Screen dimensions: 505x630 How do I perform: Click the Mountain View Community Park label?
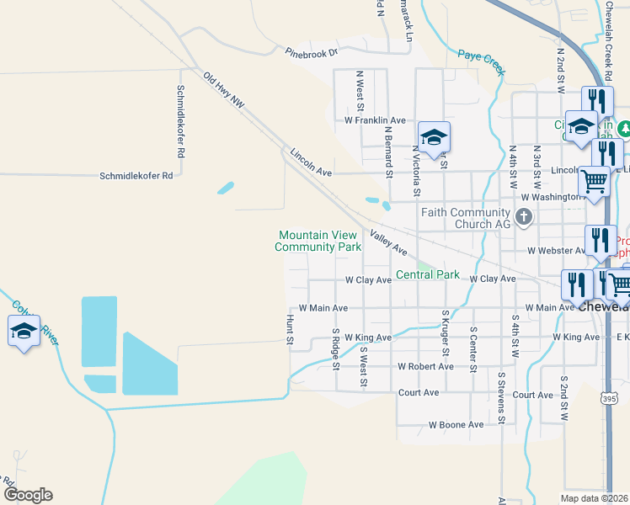pyautogui.click(x=318, y=241)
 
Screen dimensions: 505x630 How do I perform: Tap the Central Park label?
pyautogui.click(x=428, y=274)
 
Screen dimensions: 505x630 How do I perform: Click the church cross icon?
pyautogui.click(x=524, y=218)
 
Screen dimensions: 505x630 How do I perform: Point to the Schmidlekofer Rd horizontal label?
pyautogui.click(x=136, y=176)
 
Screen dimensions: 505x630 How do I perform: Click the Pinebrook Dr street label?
pyautogui.click(x=311, y=52)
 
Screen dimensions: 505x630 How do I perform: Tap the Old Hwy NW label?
pyautogui.click(x=223, y=89)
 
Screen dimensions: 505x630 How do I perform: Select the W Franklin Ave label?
pyautogui.click(x=375, y=120)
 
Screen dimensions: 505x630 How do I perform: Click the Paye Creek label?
pyautogui.click(x=481, y=63)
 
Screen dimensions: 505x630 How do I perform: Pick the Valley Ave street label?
pyautogui.click(x=388, y=245)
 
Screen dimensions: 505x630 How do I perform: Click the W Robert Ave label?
pyautogui.click(x=425, y=366)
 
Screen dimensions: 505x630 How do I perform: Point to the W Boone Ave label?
pyautogui.click(x=456, y=425)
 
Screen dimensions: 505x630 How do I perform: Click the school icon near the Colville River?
pyautogui.click(x=24, y=330)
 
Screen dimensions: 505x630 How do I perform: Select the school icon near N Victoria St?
pyautogui.click(x=434, y=137)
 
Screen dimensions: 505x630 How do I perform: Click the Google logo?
pyautogui.click(x=28, y=495)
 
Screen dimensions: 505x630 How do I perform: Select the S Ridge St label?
pyautogui.click(x=335, y=350)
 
